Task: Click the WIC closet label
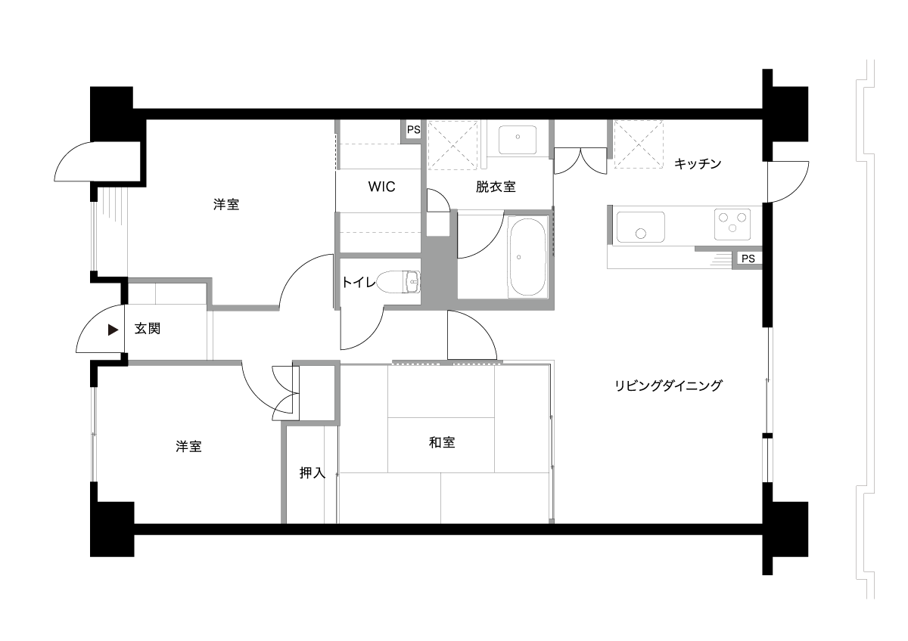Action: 381,187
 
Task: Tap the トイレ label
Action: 359,282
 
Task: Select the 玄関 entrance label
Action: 148,328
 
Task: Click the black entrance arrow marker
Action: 113,330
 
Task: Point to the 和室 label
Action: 442,443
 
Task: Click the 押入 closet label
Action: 312,472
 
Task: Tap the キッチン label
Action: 698,163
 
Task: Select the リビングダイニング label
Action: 668,386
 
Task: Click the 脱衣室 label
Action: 496,187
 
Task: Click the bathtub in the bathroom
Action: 527,257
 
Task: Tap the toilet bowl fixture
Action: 398,282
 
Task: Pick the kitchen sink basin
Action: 640,227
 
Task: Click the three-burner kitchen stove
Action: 732,224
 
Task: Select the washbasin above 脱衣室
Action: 518,140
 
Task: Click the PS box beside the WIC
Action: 413,130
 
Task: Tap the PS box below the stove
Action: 748,259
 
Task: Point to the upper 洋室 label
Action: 226,204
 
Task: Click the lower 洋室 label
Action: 188,446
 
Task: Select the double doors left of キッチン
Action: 580,161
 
